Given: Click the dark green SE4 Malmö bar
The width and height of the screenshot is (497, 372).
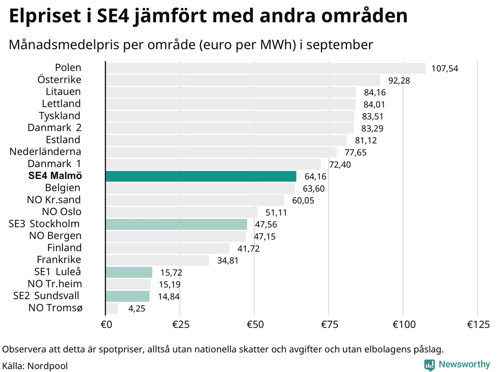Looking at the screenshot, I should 201,176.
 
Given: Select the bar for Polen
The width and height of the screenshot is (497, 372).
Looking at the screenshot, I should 265,68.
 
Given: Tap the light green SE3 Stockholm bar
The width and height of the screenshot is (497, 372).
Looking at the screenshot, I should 176,224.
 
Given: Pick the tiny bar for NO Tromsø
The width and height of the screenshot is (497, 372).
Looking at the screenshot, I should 112,308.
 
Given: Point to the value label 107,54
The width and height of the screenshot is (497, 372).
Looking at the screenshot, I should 445,69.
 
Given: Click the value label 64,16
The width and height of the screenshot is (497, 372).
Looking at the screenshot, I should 315,177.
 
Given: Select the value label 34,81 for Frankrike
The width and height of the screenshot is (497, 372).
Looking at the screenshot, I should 228,261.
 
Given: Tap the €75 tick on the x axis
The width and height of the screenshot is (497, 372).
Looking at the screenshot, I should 329,325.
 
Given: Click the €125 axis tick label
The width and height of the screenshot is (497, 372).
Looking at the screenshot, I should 478,325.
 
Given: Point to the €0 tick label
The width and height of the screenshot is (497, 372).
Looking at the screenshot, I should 106,325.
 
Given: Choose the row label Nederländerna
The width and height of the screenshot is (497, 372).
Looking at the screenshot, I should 45,152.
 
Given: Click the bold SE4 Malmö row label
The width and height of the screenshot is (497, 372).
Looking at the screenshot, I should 55,176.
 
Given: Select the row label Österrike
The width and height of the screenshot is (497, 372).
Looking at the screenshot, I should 59,79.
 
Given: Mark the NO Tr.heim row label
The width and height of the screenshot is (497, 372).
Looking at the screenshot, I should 55,284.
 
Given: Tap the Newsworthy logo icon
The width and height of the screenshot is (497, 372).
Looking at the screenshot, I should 429,365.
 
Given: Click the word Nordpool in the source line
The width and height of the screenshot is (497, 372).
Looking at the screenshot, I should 47,366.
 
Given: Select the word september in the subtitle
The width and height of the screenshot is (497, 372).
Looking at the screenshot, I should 339,45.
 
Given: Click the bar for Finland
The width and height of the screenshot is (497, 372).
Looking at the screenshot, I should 167,248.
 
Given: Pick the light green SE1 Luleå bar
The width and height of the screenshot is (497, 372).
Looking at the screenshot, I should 129,272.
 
